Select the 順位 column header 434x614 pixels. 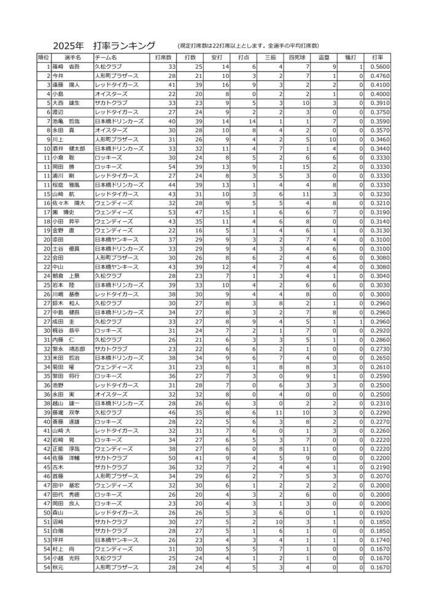tap(44, 57)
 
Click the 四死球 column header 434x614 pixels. tap(296, 57)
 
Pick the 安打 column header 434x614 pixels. tap(217, 57)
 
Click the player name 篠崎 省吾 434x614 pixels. tap(66, 66)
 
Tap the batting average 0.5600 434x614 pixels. tap(380, 66)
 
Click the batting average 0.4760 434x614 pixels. tap(380, 76)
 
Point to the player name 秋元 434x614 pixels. tap(58, 568)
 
